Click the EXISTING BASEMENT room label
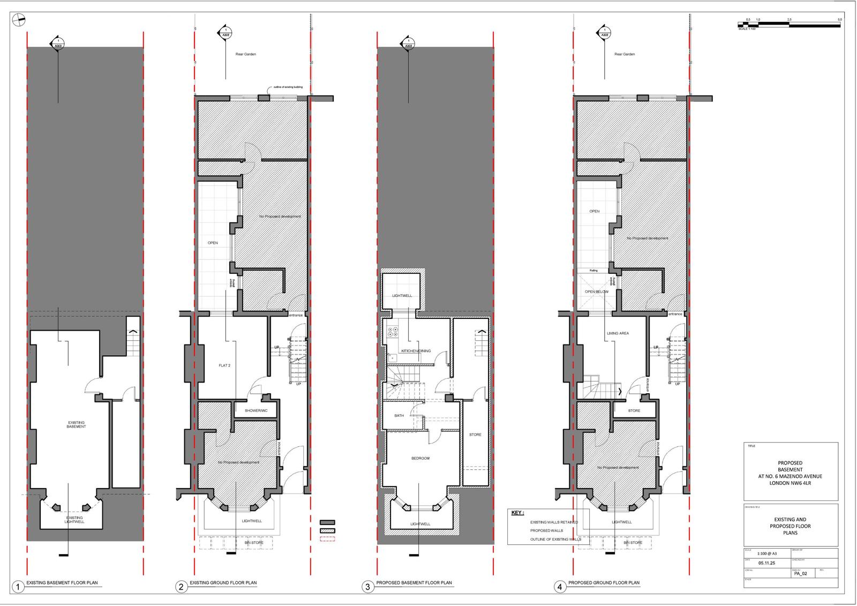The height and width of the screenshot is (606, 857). pyautogui.click(x=76, y=424)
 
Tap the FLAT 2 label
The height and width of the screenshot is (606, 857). pyautogui.click(x=224, y=365)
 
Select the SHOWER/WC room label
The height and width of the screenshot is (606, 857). pyautogui.click(x=252, y=411)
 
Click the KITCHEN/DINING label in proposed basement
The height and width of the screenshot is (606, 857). pyautogui.click(x=416, y=351)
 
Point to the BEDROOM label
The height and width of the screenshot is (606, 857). pyautogui.click(x=420, y=458)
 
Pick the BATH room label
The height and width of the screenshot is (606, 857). pyautogui.click(x=399, y=415)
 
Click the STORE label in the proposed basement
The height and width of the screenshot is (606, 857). pyautogui.click(x=475, y=435)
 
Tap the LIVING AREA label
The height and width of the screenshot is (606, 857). pyautogui.click(x=618, y=333)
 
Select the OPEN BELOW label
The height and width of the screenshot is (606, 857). pyautogui.click(x=597, y=292)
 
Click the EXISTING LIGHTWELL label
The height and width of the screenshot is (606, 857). pyautogui.click(x=74, y=520)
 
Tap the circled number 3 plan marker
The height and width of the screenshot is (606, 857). pyautogui.click(x=367, y=587)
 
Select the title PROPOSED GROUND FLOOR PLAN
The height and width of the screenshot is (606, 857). pyautogui.click(x=604, y=583)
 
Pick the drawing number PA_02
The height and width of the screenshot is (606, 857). pyautogui.click(x=800, y=573)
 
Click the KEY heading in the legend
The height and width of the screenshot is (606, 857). pyautogui.click(x=517, y=513)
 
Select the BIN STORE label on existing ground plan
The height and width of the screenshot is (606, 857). pyautogui.click(x=251, y=543)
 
